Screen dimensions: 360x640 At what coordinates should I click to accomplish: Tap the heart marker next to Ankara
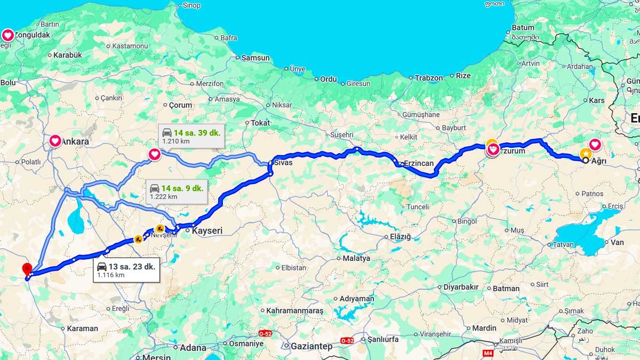coord(55,141)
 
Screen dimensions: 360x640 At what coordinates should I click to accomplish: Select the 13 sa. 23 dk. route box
coord(125,270)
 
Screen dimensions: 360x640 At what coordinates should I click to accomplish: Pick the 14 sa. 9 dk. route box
coord(176,191)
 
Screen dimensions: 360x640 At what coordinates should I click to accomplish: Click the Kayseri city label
coord(206,231)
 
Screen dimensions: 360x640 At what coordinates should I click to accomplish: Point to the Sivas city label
coord(283,162)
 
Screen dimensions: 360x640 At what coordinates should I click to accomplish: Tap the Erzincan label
coord(419,163)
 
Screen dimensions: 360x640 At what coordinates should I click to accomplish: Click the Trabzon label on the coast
coord(429,78)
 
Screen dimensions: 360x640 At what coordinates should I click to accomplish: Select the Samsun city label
coord(255,58)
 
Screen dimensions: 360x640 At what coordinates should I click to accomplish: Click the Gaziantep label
coord(311,346)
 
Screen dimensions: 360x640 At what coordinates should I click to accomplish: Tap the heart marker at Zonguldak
coord(8,35)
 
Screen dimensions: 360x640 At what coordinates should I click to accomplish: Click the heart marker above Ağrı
coord(595,144)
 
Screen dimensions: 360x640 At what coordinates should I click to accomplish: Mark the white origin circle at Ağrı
coord(586,160)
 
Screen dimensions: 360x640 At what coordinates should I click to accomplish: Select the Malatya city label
coord(356,258)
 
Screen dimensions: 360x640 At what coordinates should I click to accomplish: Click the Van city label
coord(617,242)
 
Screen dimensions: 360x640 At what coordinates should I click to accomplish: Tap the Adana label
coord(193,348)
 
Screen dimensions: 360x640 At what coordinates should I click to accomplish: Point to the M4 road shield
coord(487,353)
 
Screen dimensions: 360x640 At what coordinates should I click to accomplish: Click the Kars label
coord(596,100)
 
